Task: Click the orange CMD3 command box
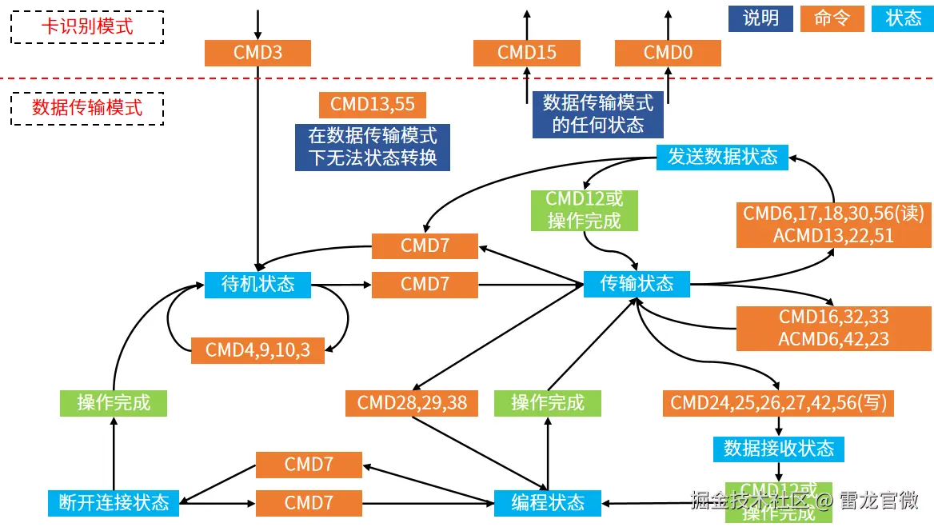click(257, 53)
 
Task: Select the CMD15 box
click(526, 53)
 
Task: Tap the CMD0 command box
click(668, 53)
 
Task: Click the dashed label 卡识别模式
click(87, 26)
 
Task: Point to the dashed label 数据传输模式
click(87, 108)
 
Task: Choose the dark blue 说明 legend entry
click(760, 18)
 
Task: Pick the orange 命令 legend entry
click(832, 18)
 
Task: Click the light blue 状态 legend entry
click(903, 18)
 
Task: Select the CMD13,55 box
click(372, 104)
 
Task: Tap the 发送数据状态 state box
click(722, 157)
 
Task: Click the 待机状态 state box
click(257, 284)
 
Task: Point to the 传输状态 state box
click(637, 284)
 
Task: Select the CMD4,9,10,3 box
click(257, 350)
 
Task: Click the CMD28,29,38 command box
click(412, 403)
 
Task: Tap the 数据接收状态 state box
click(778, 449)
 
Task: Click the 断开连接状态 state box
click(114, 502)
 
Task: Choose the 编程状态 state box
click(548, 502)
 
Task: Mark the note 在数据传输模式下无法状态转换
click(372, 146)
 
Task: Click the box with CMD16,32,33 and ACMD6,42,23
click(833, 328)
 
